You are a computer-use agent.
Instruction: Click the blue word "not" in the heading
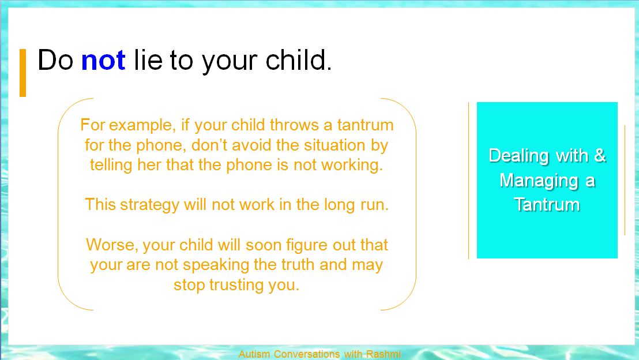point(103,61)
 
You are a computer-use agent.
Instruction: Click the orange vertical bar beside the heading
point(23,73)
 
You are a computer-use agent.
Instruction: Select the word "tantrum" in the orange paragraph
point(365,125)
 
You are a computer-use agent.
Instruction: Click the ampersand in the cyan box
point(600,155)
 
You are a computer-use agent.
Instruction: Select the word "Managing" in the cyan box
point(539,181)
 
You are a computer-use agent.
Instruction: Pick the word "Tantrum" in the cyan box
point(547,204)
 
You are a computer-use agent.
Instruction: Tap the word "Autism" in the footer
point(254,354)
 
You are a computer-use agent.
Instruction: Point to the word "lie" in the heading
point(148,59)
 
